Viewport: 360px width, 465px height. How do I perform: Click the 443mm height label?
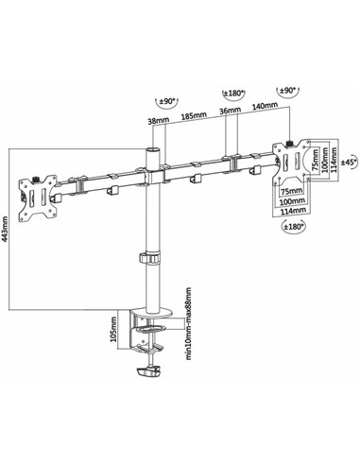[8, 225]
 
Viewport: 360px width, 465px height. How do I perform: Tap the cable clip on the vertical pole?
[150, 258]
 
